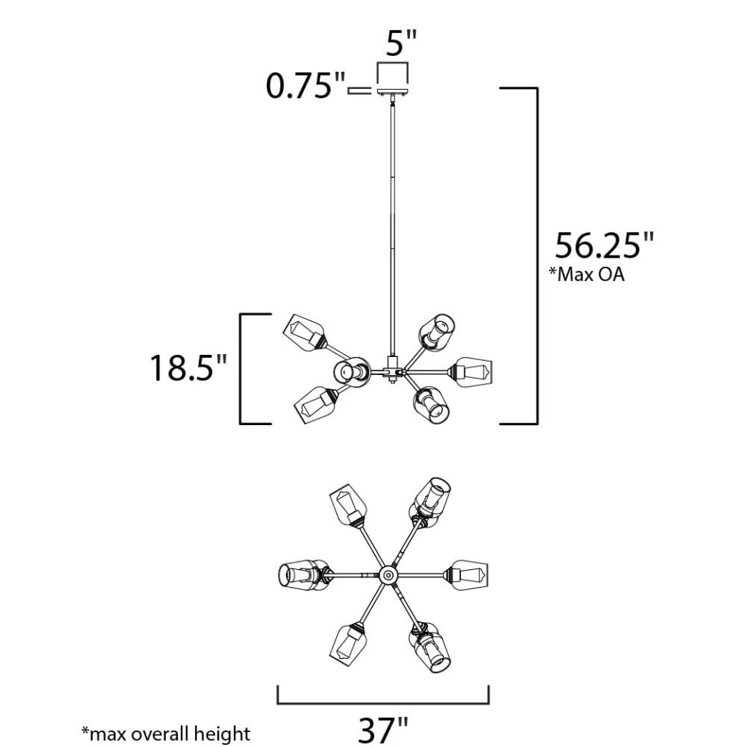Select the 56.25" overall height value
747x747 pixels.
pyautogui.click(x=604, y=246)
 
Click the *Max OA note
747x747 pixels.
pyautogui.click(x=586, y=274)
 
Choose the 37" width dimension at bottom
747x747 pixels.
pyautogui.click(x=383, y=729)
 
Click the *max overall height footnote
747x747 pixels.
pyautogui.click(x=166, y=734)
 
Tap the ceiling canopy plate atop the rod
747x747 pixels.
pyautogui.click(x=393, y=92)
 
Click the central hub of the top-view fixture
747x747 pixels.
pyautogui.click(x=388, y=574)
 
